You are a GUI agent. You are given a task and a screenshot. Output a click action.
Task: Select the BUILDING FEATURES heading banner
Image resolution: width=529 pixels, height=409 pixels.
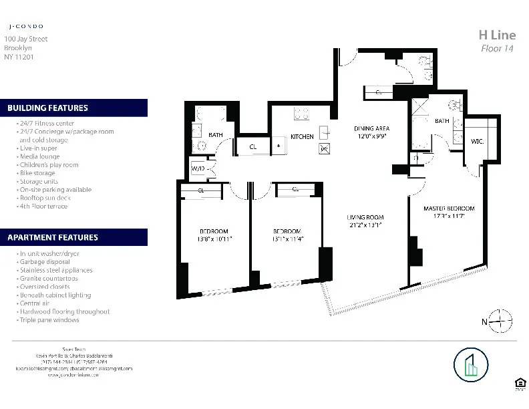(x=73, y=108)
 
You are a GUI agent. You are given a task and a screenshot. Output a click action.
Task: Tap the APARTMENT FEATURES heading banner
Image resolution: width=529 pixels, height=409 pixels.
(x=73, y=237)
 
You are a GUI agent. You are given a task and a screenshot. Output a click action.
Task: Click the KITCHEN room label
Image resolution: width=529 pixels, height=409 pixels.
(x=302, y=137)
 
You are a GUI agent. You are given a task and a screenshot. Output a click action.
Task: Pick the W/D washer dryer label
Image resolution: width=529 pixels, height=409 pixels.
(x=198, y=169)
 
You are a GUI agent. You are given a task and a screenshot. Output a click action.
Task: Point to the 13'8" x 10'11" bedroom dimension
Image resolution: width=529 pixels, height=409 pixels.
(x=214, y=239)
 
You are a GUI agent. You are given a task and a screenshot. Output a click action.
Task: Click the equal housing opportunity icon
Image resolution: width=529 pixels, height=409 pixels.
(x=519, y=382)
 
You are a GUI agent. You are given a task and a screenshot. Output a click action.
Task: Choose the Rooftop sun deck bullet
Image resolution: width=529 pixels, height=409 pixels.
(x=44, y=198)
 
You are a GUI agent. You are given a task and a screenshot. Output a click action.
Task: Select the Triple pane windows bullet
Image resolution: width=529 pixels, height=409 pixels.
(x=48, y=320)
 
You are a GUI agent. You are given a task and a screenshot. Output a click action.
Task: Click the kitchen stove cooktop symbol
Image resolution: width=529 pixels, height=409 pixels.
(x=302, y=114)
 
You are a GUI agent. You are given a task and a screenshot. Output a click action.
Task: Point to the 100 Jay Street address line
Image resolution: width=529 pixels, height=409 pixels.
(x=25, y=39)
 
